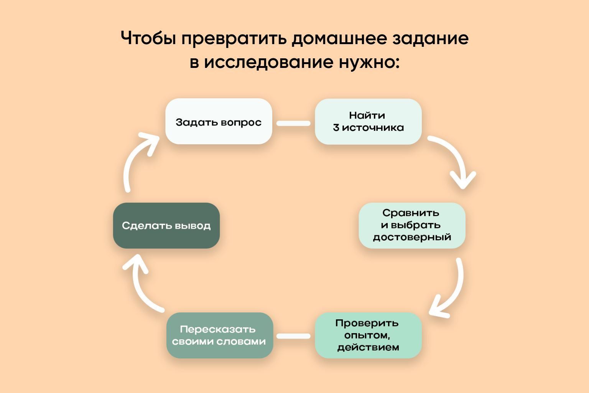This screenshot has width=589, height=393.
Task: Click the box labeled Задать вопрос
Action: tap(219, 121)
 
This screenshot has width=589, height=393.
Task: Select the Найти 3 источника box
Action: tap(368, 122)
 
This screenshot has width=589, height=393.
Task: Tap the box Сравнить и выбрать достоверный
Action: tap(412, 226)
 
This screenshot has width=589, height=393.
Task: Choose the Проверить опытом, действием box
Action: tap(368, 335)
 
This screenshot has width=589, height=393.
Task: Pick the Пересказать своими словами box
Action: tap(220, 335)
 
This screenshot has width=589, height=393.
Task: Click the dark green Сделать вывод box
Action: tap(166, 226)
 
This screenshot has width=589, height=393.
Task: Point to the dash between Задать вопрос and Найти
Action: tap(293, 123)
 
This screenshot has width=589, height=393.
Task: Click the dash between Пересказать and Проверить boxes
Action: tap(293, 336)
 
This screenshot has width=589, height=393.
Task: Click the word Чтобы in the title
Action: tap(148, 38)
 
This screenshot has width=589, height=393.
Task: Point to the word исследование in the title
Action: tap(269, 63)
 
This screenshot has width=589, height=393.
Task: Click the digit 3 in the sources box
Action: tap(336, 128)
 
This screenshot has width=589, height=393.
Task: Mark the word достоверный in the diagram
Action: tap(412, 238)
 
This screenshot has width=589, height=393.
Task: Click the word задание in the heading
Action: tap(431, 38)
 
